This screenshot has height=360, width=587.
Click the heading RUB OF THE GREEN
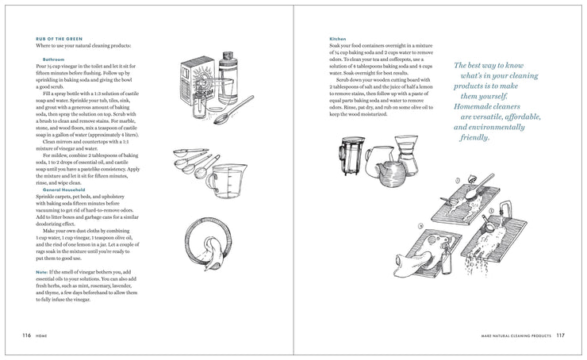(59, 37)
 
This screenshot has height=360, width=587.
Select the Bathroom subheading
(54, 59)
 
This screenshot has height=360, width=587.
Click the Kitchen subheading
(338, 38)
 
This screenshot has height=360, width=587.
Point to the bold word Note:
(42, 271)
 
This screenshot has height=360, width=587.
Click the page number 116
(27, 335)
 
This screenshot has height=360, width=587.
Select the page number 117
(560, 335)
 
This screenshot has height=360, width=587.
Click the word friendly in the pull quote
(474, 137)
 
